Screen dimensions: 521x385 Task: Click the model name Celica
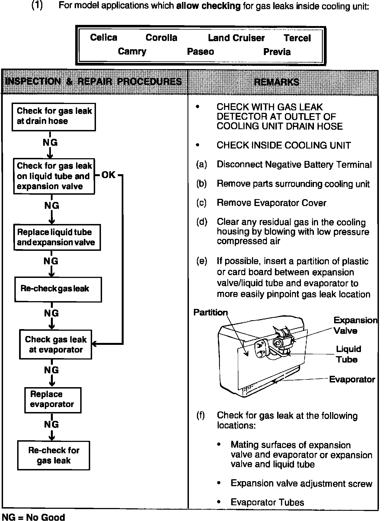[x=104, y=38]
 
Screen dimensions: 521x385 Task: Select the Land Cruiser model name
[x=236, y=38]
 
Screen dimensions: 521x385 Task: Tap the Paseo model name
[x=201, y=52]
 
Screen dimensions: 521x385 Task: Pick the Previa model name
[x=277, y=52]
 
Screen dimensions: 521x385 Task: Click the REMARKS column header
[x=277, y=82]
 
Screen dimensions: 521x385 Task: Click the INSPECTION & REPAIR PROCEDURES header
[x=94, y=82]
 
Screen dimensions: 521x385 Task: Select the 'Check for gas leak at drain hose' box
[x=54, y=117]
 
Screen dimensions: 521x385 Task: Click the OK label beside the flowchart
[x=108, y=175]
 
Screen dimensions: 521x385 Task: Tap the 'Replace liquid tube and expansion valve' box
[x=57, y=237]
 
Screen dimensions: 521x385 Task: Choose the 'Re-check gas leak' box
[x=58, y=289]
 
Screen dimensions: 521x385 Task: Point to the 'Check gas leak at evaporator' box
[x=56, y=345]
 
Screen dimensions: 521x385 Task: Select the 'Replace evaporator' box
[x=53, y=400]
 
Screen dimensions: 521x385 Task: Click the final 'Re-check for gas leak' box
[x=54, y=455]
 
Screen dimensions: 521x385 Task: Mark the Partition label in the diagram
[x=210, y=312]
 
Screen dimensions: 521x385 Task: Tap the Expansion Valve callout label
[x=355, y=325]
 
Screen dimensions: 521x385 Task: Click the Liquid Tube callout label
[x=348, y=354]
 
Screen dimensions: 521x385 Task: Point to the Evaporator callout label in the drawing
[x=352, y=379]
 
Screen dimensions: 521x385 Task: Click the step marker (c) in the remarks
[x=201, y=203]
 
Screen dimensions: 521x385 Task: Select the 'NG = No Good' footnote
[x=33, y=517]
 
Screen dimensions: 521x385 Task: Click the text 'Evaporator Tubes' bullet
[x=267, y=502]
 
